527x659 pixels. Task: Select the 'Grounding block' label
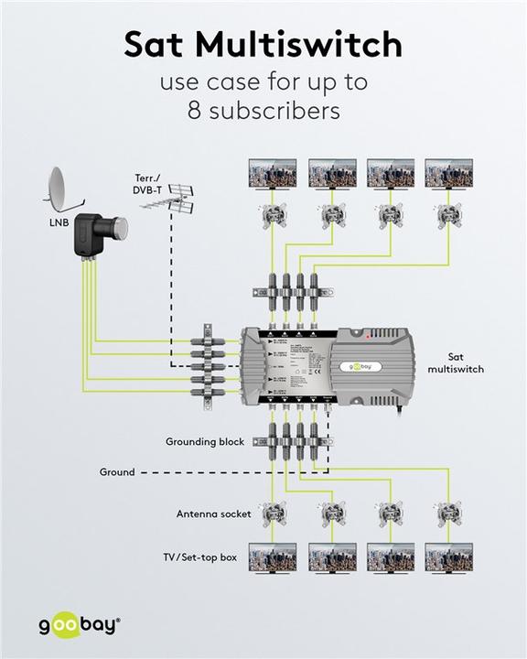coord(205,442)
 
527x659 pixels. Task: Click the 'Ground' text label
coord(116,472)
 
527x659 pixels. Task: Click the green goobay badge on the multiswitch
coord(360,366)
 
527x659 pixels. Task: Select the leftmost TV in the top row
coord(273,173)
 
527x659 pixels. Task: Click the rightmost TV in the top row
coord(448,173)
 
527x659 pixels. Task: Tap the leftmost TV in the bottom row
coord(273,557)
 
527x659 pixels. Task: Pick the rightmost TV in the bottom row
coord(448,557)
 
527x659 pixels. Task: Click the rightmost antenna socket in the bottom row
coord(448,514)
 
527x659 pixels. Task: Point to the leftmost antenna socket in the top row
coord(273,217)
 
